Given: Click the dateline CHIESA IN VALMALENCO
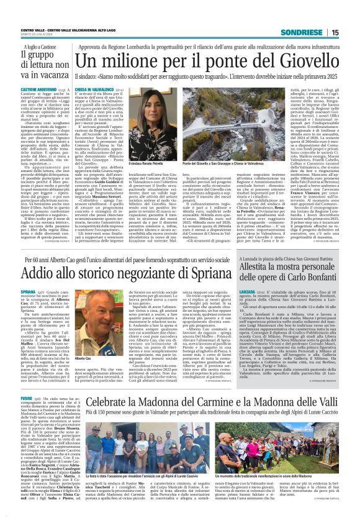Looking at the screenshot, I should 95,90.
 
